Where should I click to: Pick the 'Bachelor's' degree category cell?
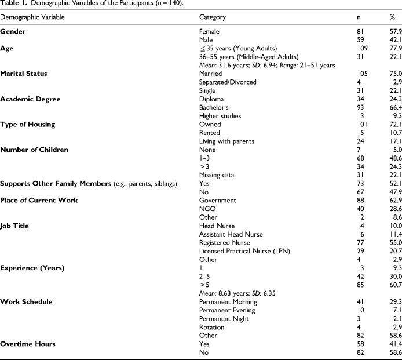coord(214,108)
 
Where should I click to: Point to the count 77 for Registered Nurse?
coord(360,242)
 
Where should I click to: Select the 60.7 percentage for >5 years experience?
coord(389,285)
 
